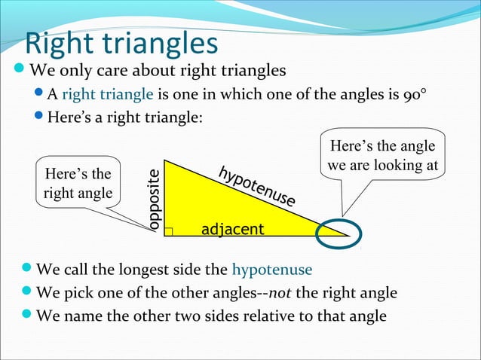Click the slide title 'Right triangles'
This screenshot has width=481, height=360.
[121, 44]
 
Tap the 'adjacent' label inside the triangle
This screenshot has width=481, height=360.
[233, 229]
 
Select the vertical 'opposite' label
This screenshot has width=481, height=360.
[155, 200]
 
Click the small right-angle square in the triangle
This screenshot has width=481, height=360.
[169, 230]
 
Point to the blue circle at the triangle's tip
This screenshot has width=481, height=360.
[343, 233]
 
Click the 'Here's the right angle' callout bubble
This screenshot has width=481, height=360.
[78, 185]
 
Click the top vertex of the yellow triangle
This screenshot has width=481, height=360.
[165, 161]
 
